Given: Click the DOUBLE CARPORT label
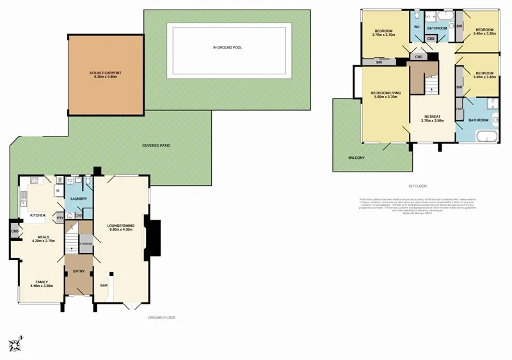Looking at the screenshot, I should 106,73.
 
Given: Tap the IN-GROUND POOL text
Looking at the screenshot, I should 227,47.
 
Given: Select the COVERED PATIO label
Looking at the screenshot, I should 156,145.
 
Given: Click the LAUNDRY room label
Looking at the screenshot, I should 78,199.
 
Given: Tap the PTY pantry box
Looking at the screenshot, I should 60,218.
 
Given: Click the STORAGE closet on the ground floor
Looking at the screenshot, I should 86,243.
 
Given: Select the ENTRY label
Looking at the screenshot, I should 79,271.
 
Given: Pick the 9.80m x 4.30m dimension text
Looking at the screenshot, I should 118,230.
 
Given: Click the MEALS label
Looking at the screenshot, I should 44,236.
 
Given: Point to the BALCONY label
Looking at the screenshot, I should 356,157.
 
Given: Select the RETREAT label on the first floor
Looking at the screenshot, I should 434,117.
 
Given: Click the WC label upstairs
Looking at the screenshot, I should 417,28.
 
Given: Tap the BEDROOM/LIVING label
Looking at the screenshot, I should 385,93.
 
